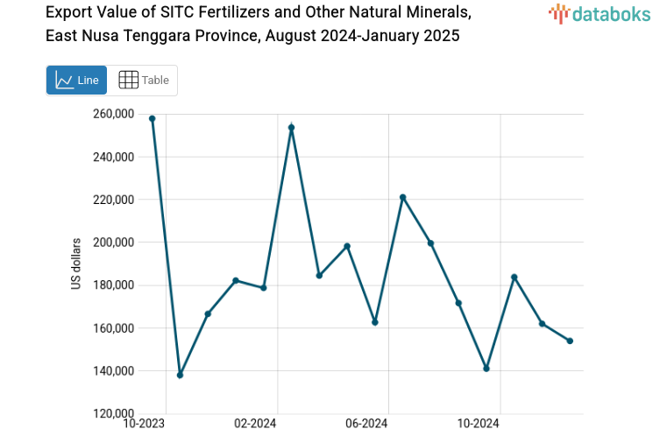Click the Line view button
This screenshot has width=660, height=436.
[76, 81]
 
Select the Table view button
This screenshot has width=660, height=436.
[143, 81]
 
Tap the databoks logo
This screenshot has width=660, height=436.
[599, 13]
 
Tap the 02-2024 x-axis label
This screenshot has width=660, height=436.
[255, 425]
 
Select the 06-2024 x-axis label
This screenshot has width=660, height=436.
[366, 425]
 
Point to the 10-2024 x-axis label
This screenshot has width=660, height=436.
[478, 425]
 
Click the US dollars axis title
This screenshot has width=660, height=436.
[77, 264]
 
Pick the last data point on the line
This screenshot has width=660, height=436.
[570, 341]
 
